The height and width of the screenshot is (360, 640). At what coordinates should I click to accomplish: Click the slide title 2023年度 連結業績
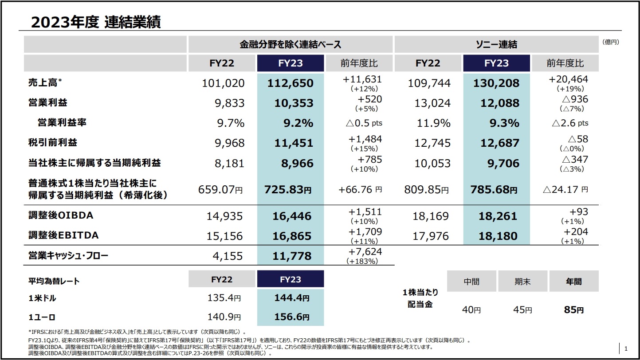tap(96, 22)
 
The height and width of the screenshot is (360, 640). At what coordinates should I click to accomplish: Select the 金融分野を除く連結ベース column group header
tap(290, 44)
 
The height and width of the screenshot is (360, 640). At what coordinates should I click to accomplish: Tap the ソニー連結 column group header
tap(496, 44)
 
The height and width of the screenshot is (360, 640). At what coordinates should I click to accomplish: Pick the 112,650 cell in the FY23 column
tap(290, 83)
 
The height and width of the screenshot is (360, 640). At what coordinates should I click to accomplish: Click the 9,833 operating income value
tap(229, 103)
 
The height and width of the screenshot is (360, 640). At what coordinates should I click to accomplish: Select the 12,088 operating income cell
tap(499, 103)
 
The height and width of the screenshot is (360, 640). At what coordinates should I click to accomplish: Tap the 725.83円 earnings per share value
tap(288, 190)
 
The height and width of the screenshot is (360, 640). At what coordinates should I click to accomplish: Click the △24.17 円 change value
tap(565, 190)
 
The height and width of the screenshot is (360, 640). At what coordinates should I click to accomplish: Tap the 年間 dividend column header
tap(573, 281)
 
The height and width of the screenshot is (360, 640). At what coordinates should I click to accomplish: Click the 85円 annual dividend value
tap(574, 310)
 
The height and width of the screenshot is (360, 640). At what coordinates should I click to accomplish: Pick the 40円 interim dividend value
tap(471, 310)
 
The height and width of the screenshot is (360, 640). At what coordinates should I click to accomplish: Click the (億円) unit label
tap(610, 43)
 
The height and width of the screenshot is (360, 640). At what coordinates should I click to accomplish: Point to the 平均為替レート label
tap(54, 281)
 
